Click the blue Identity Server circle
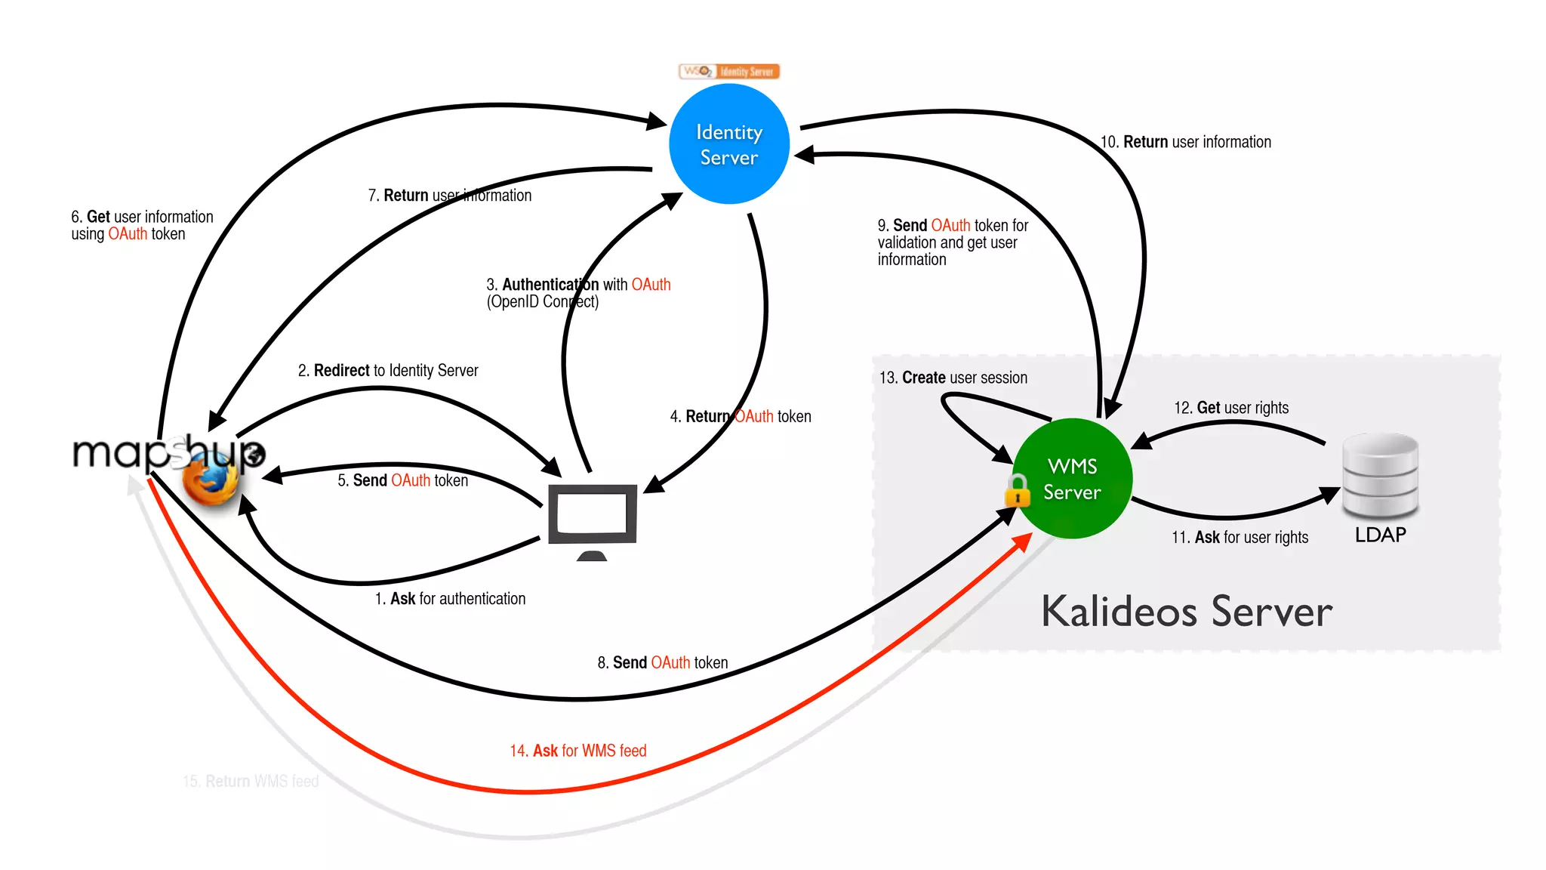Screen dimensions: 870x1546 point(729,144)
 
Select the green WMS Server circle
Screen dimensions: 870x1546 point(1072,479)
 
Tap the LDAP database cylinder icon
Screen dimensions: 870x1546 point(1381,476)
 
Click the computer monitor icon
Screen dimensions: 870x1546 point(593,517)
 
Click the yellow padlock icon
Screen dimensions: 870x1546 point(1018,492)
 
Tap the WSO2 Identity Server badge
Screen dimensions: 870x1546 point(729,72)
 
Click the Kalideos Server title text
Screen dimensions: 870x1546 point(1187,611)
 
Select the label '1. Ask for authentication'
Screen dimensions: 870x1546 point(450,599)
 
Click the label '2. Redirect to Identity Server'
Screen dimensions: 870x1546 point(388,371)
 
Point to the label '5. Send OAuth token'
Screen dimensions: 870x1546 point(402,480)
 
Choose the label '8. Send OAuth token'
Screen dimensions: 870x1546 point(663,663)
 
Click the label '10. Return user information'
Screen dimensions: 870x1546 point(1186,142)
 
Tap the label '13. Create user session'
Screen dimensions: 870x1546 point(953,378)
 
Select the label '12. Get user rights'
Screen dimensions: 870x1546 point(1231,408)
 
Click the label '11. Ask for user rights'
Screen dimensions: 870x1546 point(1240,538)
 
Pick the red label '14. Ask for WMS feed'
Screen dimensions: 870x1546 point(578,751)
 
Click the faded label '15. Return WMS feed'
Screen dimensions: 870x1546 point(251,781)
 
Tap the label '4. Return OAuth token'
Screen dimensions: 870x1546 point(741,417)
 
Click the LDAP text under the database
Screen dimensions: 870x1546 point(1381,535)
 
